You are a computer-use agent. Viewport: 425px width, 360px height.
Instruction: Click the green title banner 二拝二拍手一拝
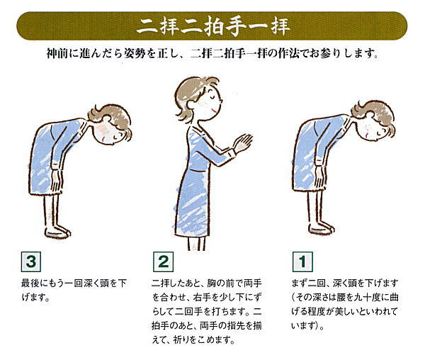click(212, 26)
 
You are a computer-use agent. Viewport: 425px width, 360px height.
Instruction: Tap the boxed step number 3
click(31, 261)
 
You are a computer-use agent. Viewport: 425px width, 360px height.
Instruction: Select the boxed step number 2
click(163, 261)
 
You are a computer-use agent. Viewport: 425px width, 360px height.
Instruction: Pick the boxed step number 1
click(302, 261)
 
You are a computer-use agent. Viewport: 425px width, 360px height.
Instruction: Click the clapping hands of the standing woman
click(243, 142)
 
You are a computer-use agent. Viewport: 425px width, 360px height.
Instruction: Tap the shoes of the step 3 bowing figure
click(57, 232)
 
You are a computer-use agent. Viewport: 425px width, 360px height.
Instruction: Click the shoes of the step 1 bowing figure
click(322, 228)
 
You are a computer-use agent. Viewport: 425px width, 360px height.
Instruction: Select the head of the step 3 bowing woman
click(110, 125)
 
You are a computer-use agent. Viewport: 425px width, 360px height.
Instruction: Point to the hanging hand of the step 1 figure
click(320, 178)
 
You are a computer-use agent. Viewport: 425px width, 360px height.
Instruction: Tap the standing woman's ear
click(192, 104)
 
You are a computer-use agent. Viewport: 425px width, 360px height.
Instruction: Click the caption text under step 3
click(74, 291)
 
